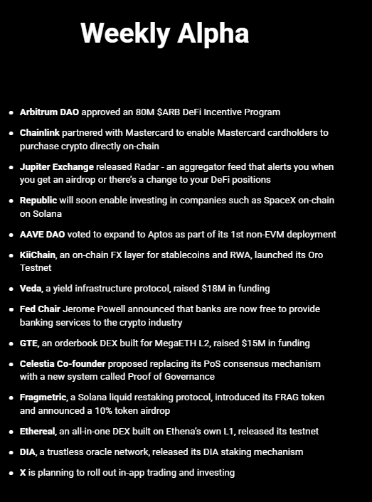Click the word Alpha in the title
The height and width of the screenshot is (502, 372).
click(211, 33)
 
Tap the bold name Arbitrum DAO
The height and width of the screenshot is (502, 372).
click(49, 112)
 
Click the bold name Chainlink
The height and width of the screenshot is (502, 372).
click(39, 133)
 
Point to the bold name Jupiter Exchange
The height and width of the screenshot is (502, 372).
click(56, 167)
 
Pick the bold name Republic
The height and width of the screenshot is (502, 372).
click(38, 201)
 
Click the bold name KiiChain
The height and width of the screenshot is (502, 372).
click(38, 255)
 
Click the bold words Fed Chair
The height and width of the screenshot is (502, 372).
click(40, 309)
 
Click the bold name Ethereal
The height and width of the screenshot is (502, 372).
click(38, 432)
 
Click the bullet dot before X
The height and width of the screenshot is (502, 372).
click(11, 473)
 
